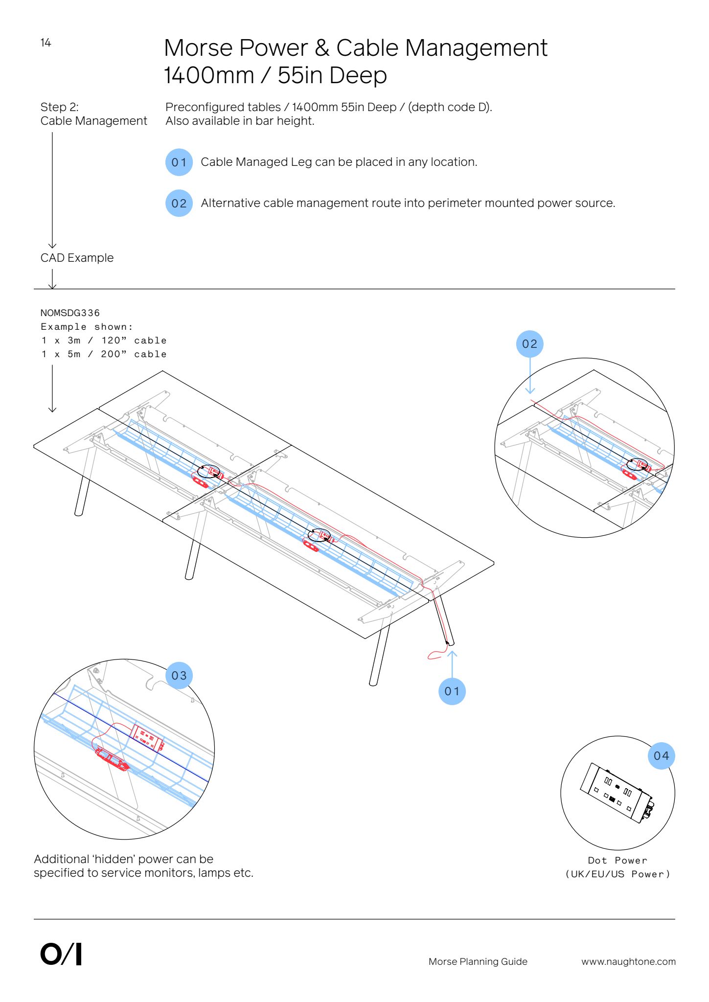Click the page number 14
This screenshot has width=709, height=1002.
coord(46,43)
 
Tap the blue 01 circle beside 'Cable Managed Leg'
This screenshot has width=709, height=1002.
coord(179,162)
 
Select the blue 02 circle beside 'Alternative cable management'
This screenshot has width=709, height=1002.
coord(179,204)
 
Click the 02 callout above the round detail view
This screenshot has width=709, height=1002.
coord(530,344)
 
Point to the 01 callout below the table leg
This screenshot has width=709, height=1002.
coord(452,691)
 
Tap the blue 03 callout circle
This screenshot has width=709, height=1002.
coord(179,676)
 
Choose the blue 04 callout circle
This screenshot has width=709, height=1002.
coord(662,756)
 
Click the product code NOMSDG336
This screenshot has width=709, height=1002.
coord(70,313)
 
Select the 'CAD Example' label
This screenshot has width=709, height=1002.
coord(77,258)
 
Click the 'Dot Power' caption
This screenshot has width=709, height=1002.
coord(618,861)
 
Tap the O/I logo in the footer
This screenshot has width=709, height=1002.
coord(61,955)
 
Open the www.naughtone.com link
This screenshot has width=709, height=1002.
coord(628,962)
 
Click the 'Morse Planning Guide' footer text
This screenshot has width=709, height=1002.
coord(478,962)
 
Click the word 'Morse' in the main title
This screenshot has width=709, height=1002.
coord(198,48)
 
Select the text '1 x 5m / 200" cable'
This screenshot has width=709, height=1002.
coord(104,354)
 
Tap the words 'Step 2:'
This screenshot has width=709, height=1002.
coord(59,107)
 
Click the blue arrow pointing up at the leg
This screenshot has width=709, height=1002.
coord(453,663)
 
